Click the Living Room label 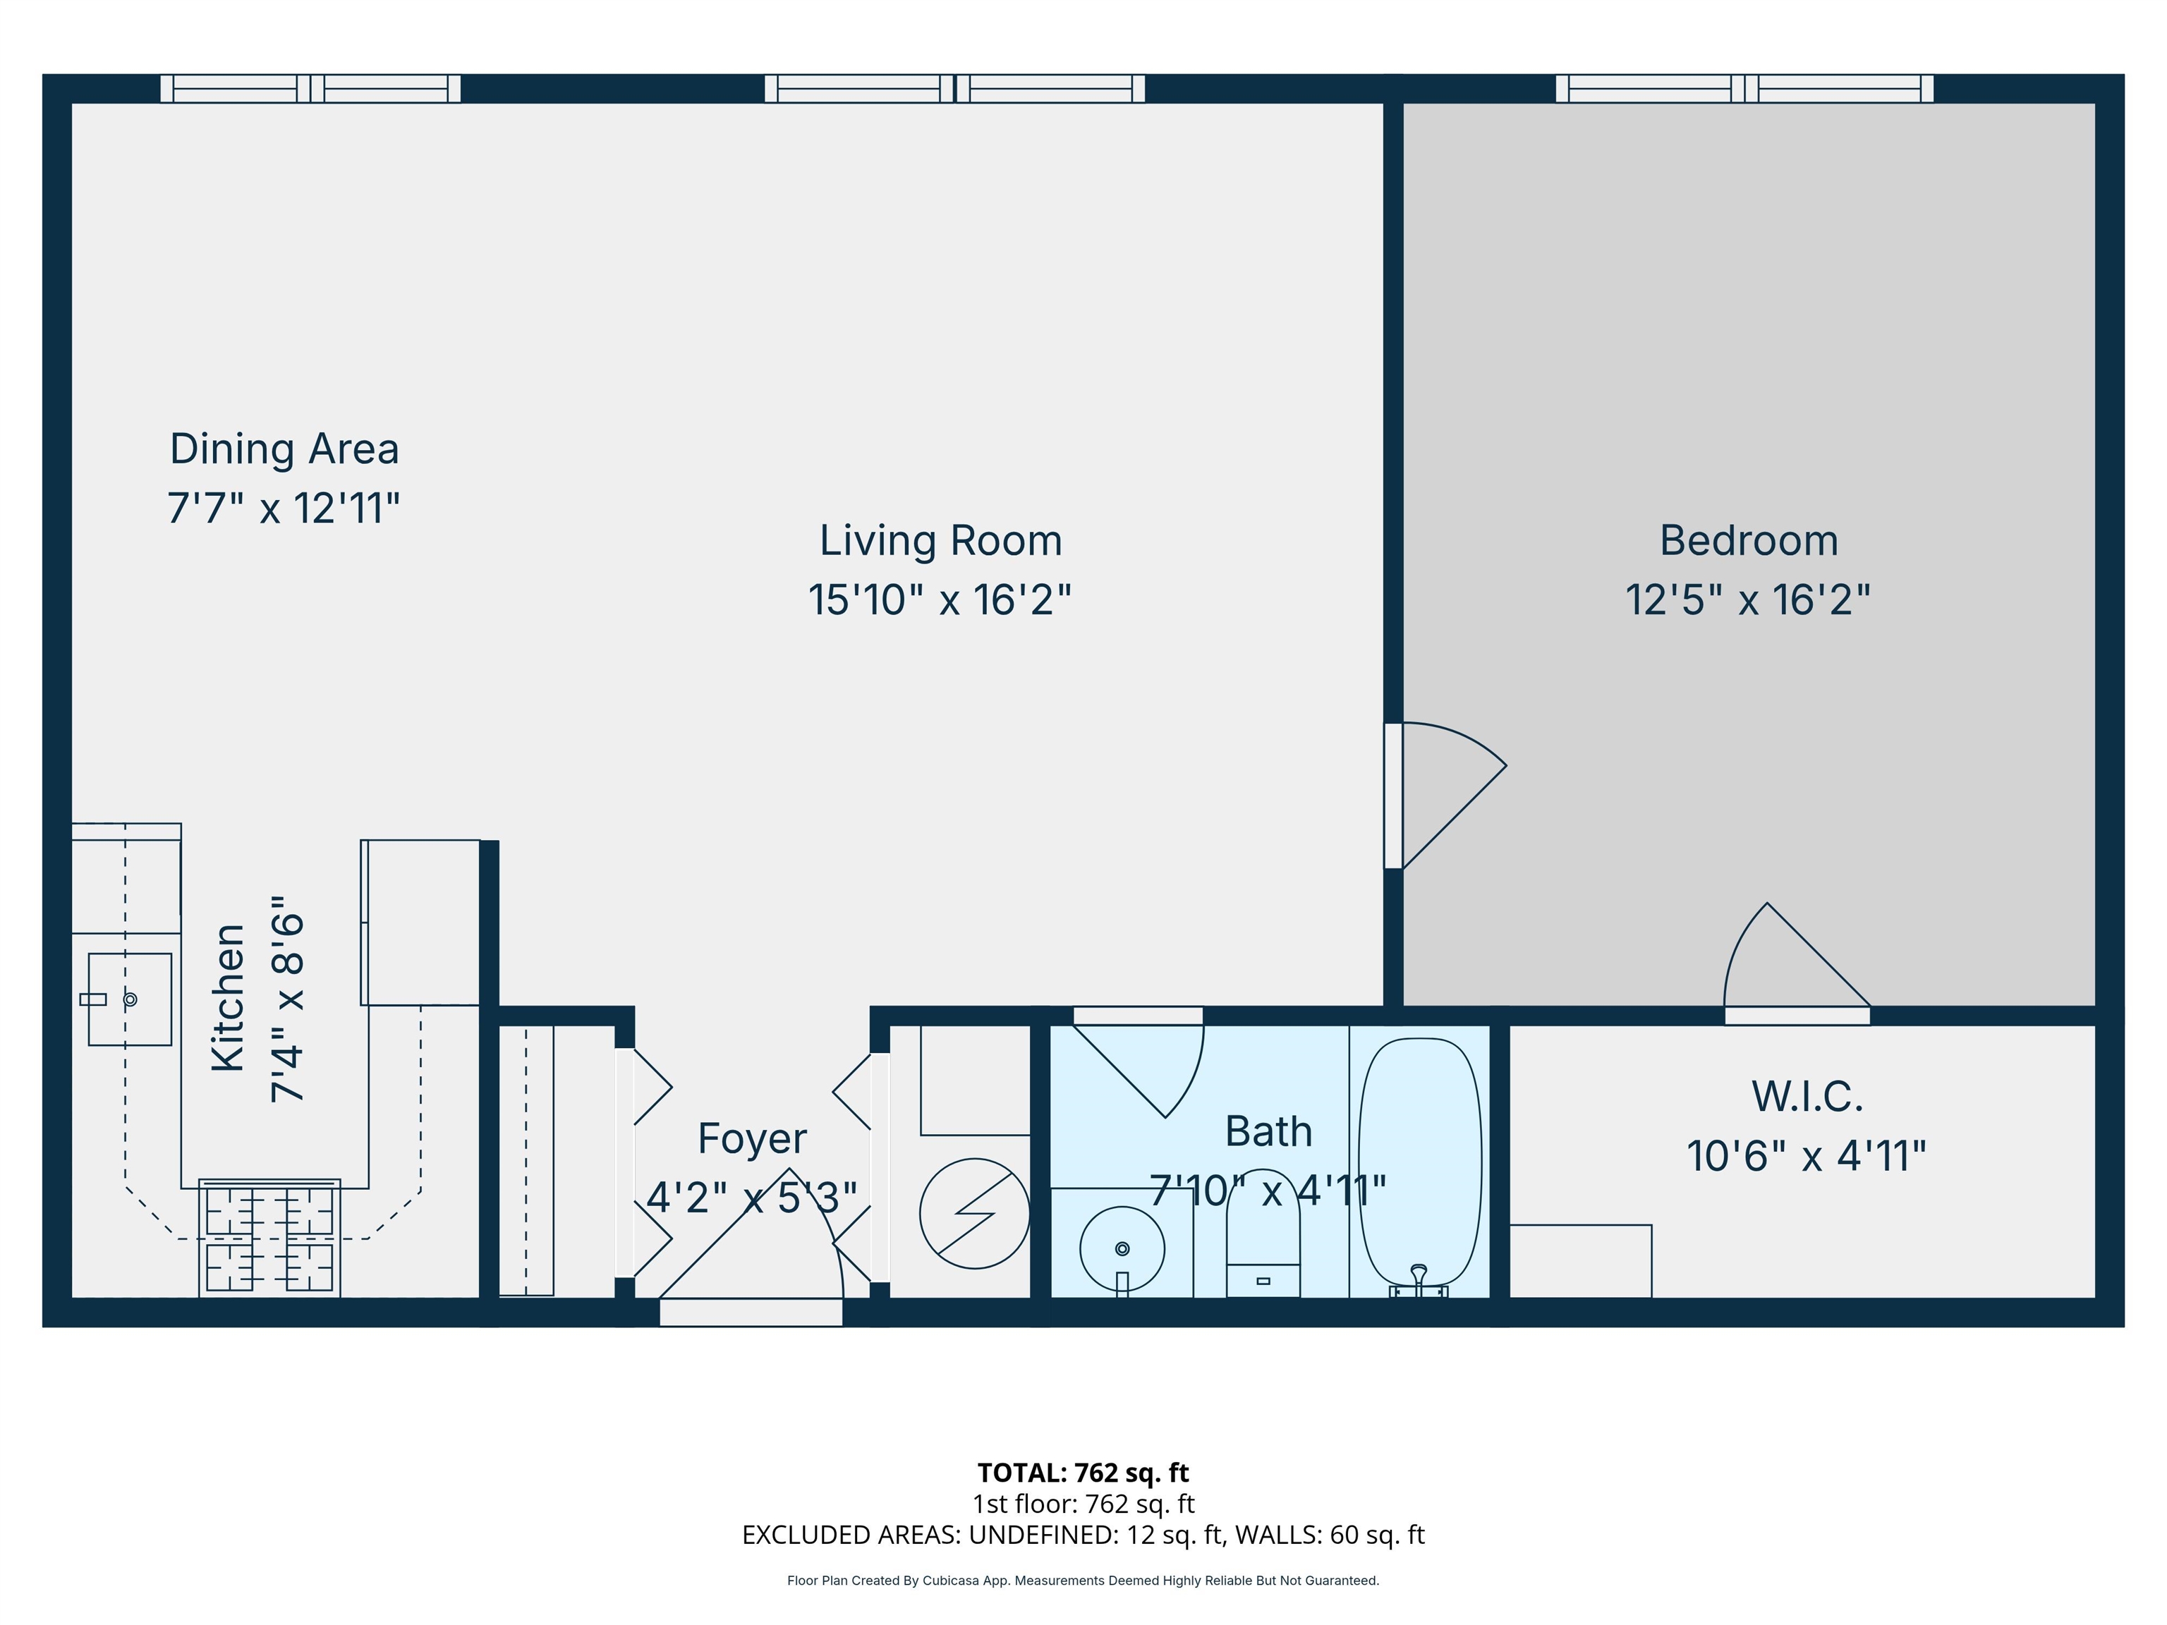click(940, 541)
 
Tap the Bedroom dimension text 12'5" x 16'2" click(1748, 600)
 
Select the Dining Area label click(284, 449)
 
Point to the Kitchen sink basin click(130, 999)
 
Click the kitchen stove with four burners click(269, 1239)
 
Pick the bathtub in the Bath click(1419, 1162)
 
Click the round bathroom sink click(1123, 1249)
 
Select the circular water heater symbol click(975, 1214)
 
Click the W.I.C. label click(1807, 1096)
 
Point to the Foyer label click(753, 1138)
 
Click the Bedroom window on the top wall click(1744, 89)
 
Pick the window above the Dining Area click(310, 89)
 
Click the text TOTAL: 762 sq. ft click(1083, 1472)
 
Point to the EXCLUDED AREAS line click(1083, 1534)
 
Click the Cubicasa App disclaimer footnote click(1083, 1580)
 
